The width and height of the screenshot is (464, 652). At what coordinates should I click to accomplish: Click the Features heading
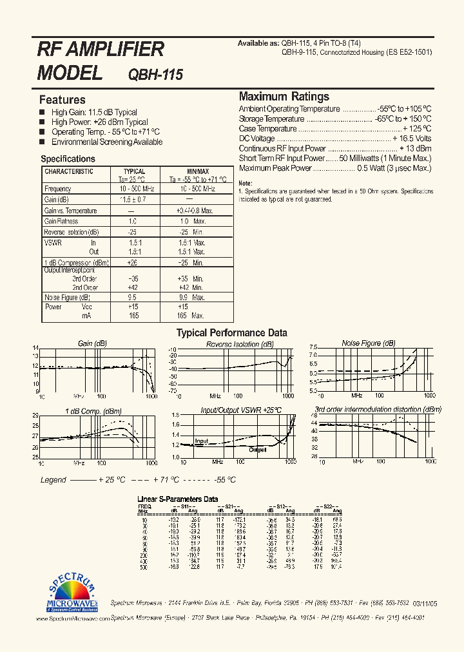[63, 100]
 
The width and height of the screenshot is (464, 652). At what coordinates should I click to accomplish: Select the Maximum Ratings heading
[284, 97]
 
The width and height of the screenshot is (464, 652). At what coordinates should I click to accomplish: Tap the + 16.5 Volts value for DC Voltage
[412, 139]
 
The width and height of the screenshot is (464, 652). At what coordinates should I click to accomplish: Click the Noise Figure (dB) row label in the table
[67, 298]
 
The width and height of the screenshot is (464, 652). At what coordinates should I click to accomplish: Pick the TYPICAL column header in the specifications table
[134, 172]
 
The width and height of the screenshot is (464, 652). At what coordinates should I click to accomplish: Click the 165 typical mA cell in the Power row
[133, 316]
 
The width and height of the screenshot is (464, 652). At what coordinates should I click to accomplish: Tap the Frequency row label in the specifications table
[57, 189]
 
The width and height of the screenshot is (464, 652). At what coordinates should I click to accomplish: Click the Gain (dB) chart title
[93, 343]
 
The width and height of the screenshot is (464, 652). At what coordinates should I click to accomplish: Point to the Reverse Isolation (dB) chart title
[240, 344]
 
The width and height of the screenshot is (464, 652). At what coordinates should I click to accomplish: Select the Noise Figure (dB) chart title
[369, 343]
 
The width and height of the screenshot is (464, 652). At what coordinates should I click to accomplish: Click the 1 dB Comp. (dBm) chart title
[93, 410]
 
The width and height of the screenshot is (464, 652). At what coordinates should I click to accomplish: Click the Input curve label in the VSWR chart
[202, 441]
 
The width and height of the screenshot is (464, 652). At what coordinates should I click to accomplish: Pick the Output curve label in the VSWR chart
[257, 450]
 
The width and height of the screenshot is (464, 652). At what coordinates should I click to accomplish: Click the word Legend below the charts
[53, 480]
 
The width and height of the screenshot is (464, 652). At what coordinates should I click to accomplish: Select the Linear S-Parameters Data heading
[179, 499]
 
